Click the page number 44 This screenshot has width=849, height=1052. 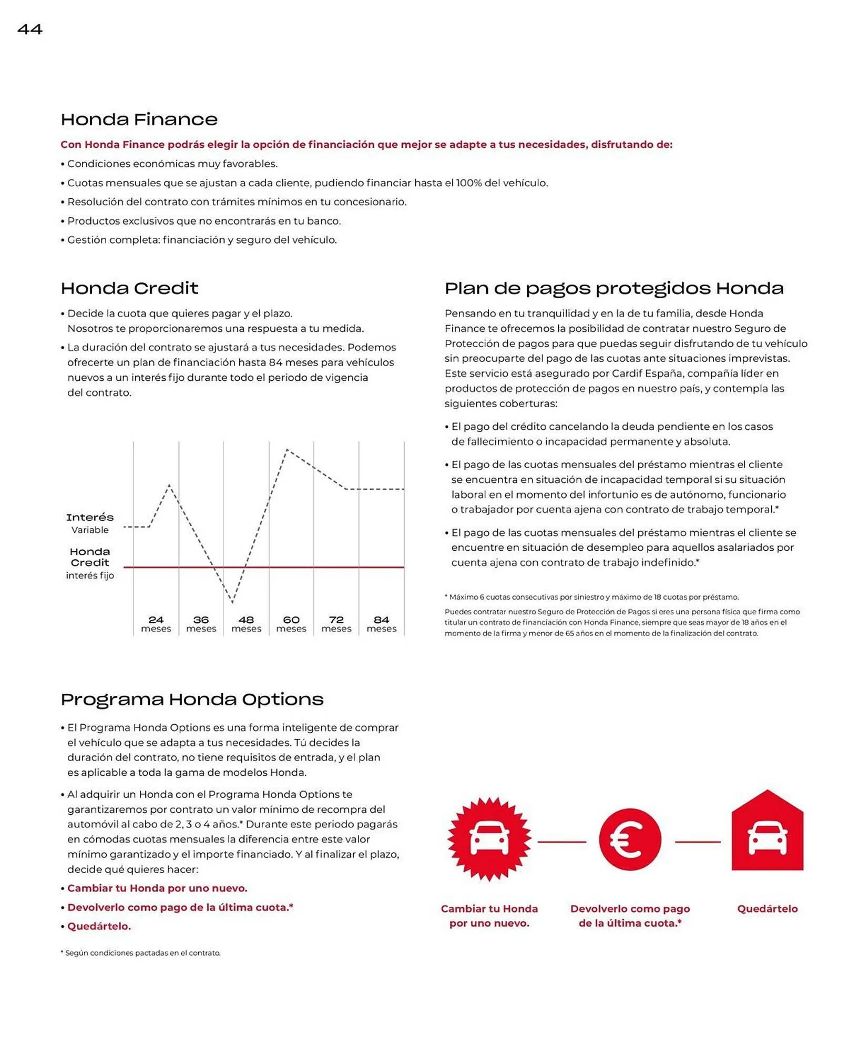[30, 29]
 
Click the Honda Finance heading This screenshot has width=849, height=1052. [139, 119]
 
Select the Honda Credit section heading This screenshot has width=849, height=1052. [129, 288]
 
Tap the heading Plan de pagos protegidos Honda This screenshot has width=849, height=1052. [613, 288]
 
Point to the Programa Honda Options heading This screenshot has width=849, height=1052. [192, 699]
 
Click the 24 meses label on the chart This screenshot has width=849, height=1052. [156, 624]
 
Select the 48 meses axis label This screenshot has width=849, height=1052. [246, 624]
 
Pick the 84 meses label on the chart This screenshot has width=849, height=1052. [381, 624]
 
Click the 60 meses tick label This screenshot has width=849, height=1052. [291, 624]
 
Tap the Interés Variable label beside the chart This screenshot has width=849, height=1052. [90, 523]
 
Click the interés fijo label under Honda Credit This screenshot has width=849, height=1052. [90, 575]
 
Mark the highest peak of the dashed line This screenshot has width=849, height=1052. [287, 450]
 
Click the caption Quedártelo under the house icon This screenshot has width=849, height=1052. [767, 908]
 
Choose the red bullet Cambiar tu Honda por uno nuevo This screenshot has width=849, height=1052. [157, 888]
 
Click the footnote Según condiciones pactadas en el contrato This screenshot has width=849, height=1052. [142, 953]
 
